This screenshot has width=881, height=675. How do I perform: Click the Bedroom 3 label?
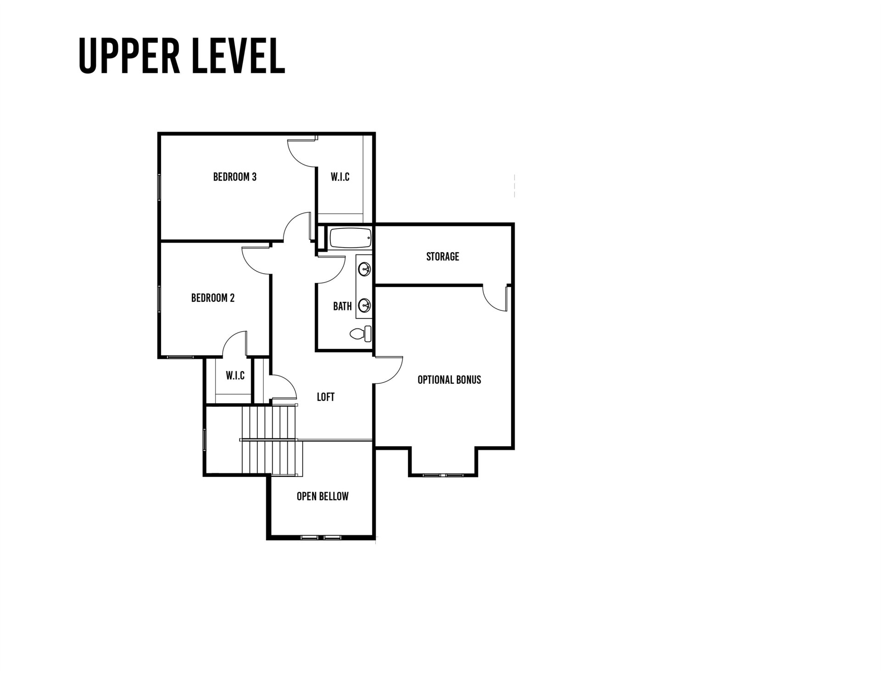(x=234, y=177)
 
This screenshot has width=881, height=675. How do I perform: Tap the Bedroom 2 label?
(x=212, y=298)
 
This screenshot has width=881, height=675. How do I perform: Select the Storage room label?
(x=442, y=256)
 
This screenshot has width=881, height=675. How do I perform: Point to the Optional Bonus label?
(x=449, y=380)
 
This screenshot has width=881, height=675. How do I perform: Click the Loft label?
(x=325, y=397)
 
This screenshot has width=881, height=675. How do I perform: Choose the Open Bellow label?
(x=323, y=496)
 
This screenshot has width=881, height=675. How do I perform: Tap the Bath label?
(x=342, y=306)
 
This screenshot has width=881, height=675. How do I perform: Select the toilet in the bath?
(x=362, y=333)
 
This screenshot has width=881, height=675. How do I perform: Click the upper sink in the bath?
(x=365, y=269)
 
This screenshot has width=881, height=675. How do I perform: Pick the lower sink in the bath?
(x=365, y=304)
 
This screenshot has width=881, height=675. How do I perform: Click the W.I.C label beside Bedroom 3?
(x=340, y=177)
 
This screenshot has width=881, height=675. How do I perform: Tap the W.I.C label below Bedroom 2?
(x=235, y=376)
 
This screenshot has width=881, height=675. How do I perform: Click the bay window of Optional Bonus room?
(x=443, y=475)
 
